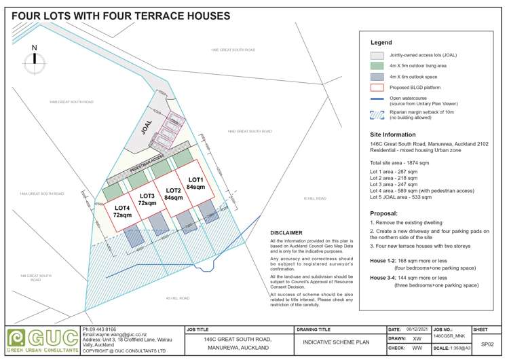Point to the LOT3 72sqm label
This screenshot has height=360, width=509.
[x=147, y=200]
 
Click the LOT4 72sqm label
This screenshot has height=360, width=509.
[x=122, y=211]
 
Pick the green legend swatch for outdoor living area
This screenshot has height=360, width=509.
[x=377, y=66]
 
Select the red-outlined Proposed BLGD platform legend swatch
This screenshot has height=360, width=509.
[x=377, y=87]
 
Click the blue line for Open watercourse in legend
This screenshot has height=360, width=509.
[x=377, y=100]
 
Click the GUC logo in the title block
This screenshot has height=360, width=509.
[x=41, y=338]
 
